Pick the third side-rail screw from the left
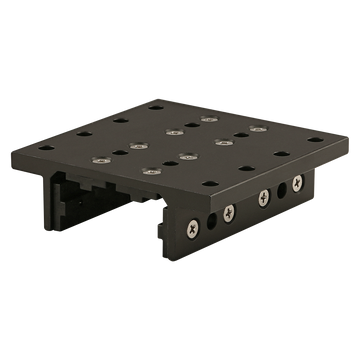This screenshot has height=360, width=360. [x=263, y=194]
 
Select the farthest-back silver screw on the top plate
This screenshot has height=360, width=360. [x=207, y=118]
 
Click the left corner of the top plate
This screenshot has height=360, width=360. [x=31, y=144]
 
